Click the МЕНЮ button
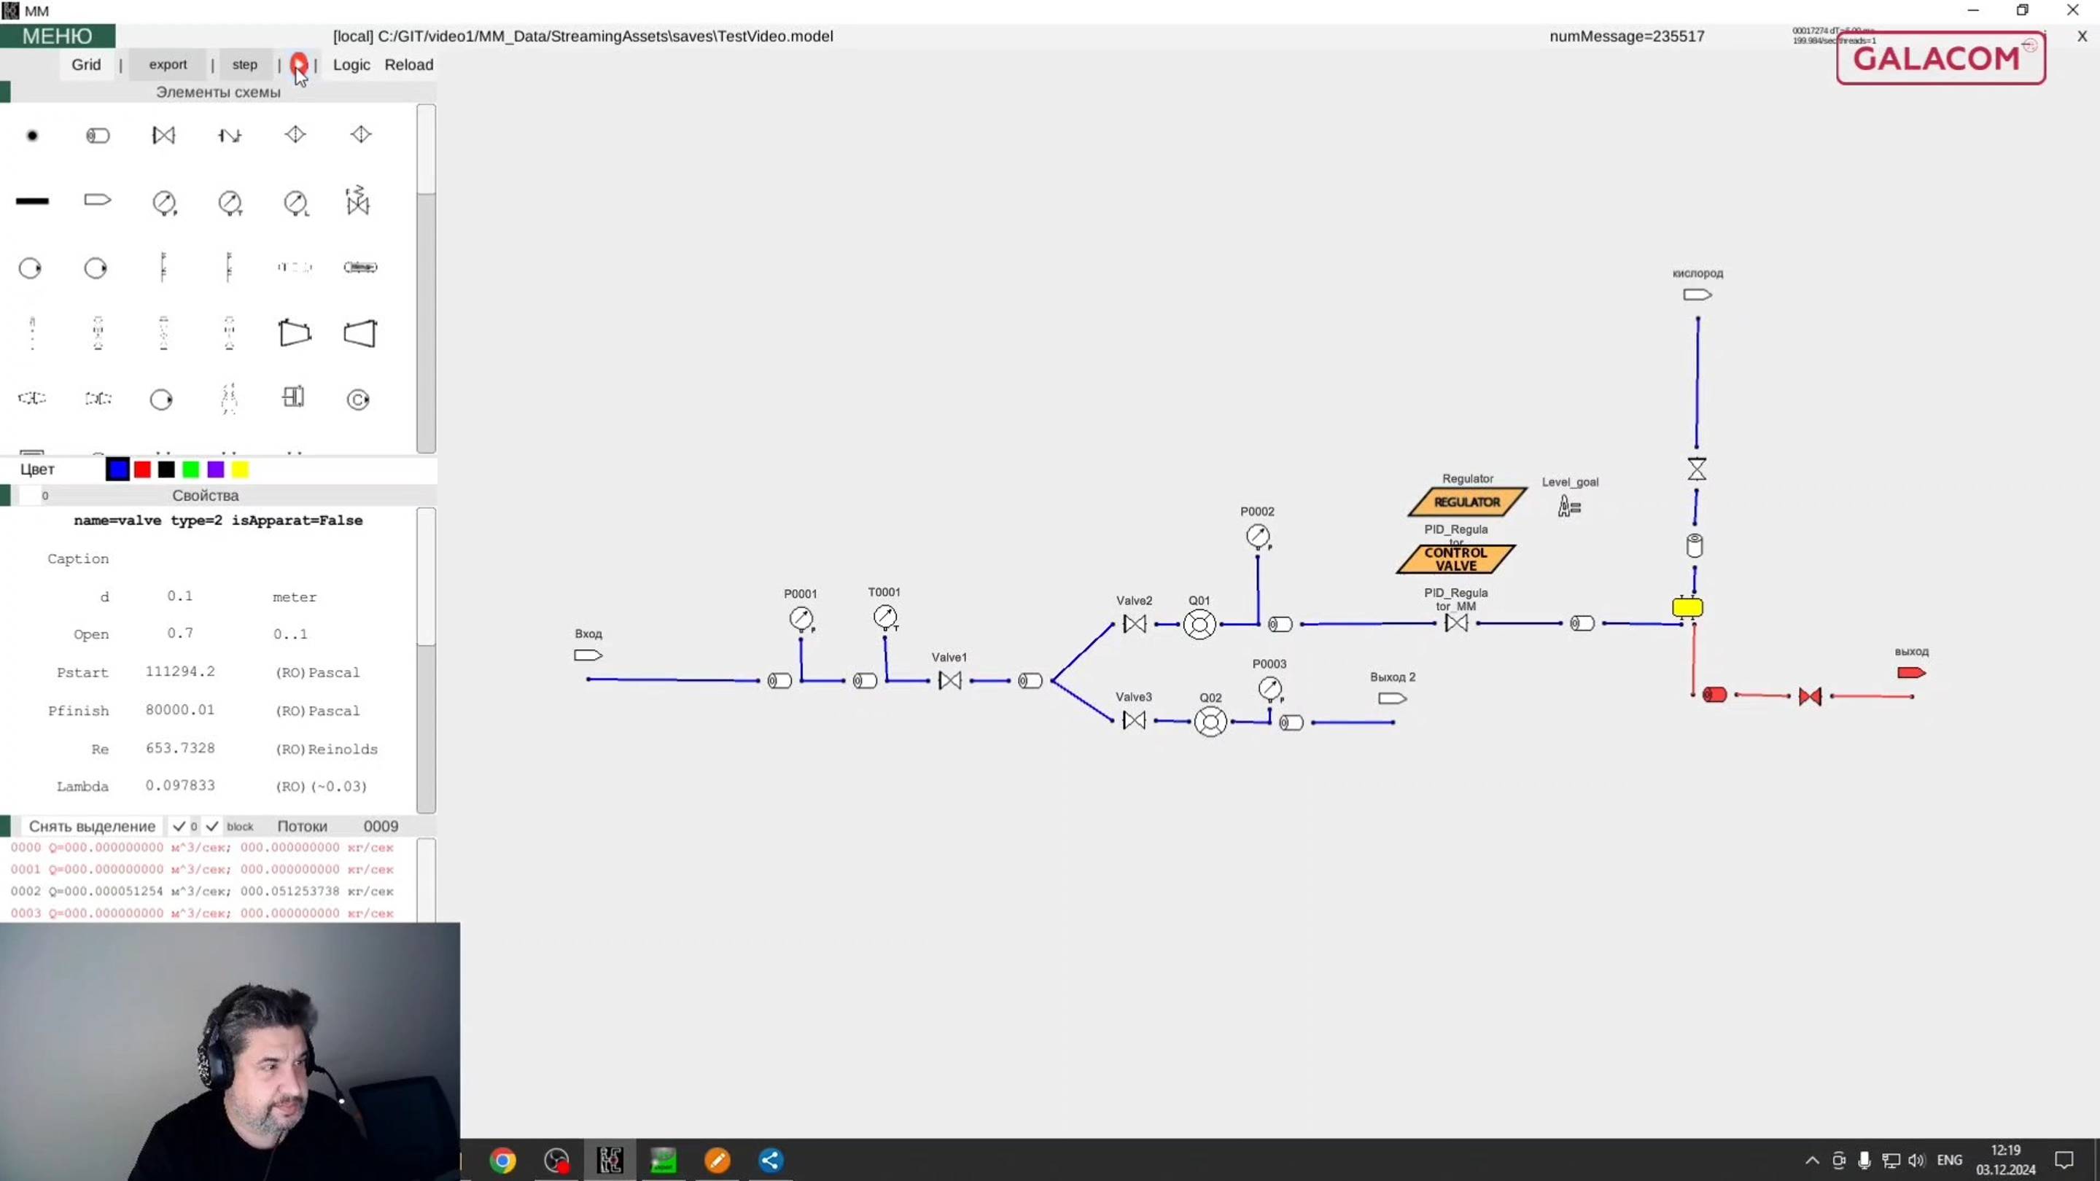point(57,36)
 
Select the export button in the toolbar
point(168,64)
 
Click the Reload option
point(408,64)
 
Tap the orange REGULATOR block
point(1466,502)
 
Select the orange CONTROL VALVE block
point(1456,559)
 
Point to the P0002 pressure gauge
point(1258,537)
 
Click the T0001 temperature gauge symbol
point(885,617)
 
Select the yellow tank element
point(1687,607)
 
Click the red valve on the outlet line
point(1810,696)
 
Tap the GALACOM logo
point(1940,58)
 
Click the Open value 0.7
point(180,634)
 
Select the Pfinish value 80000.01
point(180,710)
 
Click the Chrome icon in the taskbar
point(503,1160)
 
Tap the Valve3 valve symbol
point(1134,720)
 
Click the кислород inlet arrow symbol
point(1697,295)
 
